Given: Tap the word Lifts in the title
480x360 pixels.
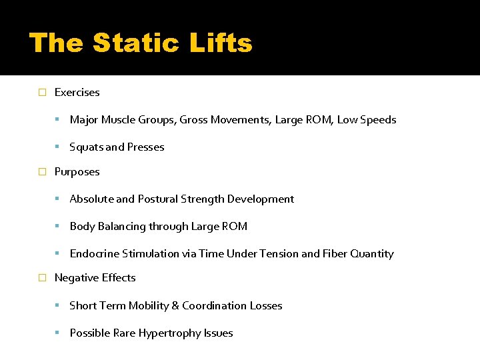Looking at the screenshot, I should coord(222,44).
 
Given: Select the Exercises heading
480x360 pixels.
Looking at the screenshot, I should coord(77,93).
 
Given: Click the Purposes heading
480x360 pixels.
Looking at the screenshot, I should coord(77,172).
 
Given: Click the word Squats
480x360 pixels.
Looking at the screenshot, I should coord(86,147).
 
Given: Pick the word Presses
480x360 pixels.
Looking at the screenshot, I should coord(145,147).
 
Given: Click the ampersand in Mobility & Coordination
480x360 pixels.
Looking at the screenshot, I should coord(175,306).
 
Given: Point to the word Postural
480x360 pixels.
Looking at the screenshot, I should coord(159,199).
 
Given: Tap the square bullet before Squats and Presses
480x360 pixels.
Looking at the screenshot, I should coord(59,147).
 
